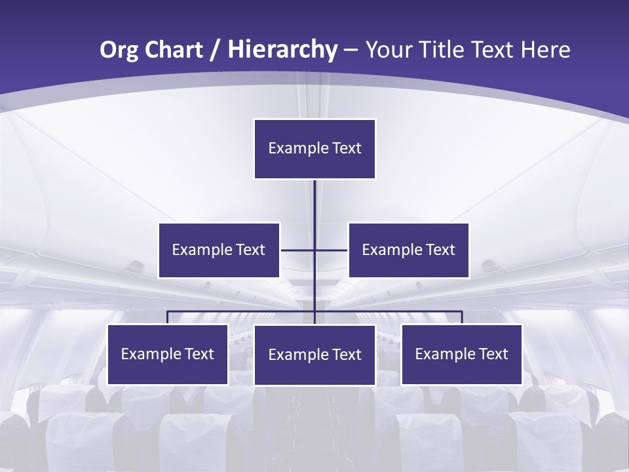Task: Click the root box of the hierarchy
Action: click(x=314, y=149)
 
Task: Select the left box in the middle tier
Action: click(x=219, y=250)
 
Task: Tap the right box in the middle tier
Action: click(x=409, y=250)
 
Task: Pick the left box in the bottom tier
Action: click(x=168, y=354)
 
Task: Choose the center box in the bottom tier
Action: click(x=314, y=355)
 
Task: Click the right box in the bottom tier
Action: click(x=462, y=354)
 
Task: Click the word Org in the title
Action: click(x=119, y=50)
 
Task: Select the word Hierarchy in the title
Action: click(x=282, y=50)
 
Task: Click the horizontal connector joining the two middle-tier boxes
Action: click(x=298, y=250)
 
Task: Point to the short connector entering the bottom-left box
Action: click(x=168, y=318)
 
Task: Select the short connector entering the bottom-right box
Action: click(x=462, y=318)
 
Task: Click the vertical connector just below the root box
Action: click(x=314, y=200)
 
